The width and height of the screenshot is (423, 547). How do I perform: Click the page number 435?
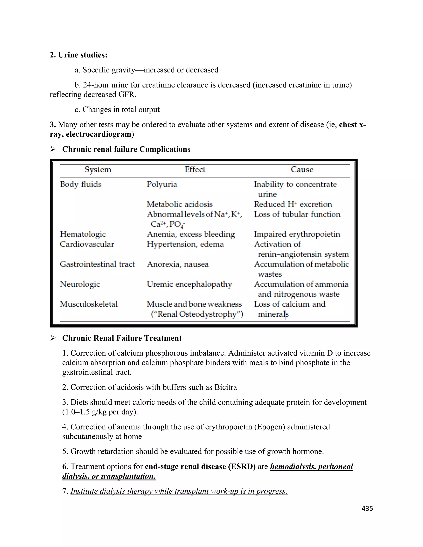click(x=367, y=508)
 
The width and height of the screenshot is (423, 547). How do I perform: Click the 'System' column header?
click(x=98, y=169)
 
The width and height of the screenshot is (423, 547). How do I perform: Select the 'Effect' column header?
click(x=195, y=169)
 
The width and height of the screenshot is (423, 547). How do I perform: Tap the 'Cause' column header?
click(x=302, y=169)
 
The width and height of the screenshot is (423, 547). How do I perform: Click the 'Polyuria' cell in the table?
click(x=162, y=184)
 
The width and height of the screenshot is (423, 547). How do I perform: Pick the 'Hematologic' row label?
click(x=83, y=234)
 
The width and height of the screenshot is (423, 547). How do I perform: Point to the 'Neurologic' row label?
click(x=80, y=284)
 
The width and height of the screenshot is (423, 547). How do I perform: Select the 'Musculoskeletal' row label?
click(x=89, y=304)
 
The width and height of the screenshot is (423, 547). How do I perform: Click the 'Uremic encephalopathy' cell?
click(x=189, y=284)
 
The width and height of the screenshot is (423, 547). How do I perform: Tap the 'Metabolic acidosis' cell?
click(x=180, y=204)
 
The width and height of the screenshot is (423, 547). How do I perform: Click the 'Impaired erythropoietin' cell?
click(x=297, y=234)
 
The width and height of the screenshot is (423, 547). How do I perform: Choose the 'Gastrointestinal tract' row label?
click(x=97, y=264)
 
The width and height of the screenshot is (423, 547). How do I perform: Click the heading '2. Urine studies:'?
click(x=78, y=55)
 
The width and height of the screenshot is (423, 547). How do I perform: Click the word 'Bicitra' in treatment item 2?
click(x=226, y=387)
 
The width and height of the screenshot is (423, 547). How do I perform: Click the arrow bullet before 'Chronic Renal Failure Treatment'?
click(x=53, y=338)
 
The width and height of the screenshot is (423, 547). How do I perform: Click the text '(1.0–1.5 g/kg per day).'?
click(x=100, y=412)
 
